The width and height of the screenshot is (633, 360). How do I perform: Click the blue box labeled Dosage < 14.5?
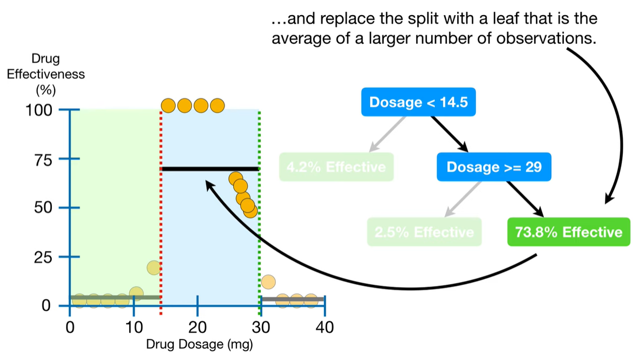(418, 102)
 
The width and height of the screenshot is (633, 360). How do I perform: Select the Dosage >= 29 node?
(493, 167)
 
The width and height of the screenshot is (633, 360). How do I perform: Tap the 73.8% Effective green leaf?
(569, 232)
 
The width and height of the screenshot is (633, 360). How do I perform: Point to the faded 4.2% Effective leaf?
(337, 167)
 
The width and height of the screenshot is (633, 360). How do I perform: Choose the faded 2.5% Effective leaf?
(424, 232)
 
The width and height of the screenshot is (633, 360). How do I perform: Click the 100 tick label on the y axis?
(39, 110)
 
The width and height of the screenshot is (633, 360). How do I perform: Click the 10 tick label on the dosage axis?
(134, 328)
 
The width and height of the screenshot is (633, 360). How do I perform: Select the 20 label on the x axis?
(197, 328)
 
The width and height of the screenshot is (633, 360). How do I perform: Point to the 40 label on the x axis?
(325, 328)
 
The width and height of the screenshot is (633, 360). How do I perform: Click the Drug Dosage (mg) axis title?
(200, 344)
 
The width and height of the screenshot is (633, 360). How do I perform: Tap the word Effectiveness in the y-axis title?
(46, 75)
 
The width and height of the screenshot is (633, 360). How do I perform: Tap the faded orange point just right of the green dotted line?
(268, 282)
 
